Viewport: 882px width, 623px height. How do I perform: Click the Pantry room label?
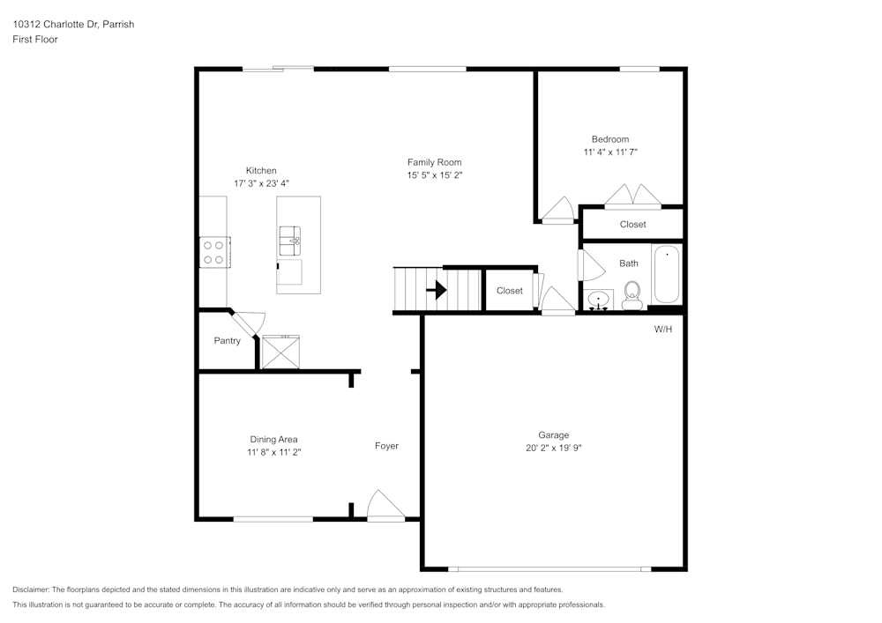228,340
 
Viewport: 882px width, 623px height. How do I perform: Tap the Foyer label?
386,446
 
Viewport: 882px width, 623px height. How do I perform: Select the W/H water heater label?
663,329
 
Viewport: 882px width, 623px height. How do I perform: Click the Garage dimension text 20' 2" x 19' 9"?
554,448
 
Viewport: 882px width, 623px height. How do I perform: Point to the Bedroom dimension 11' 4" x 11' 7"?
610,152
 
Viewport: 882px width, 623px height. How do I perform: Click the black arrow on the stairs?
437,291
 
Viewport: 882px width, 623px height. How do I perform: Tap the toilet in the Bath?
632,295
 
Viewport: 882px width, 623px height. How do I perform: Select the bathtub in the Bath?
667,274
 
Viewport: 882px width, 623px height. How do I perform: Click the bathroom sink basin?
600,300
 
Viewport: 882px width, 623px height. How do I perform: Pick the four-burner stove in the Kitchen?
214,252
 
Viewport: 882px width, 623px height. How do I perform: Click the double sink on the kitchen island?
290,241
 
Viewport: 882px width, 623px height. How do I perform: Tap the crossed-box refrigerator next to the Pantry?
280,352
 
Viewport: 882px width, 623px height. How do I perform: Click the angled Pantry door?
248,324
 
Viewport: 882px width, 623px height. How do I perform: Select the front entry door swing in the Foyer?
385,505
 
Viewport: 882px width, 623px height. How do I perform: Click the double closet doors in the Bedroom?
632,195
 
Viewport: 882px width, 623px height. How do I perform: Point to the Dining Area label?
274,440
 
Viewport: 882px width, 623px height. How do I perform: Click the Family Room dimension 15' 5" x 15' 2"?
435,174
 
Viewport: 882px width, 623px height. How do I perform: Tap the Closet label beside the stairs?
510,291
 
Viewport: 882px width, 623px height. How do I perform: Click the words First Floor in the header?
35,40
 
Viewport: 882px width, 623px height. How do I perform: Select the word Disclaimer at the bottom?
30,590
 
